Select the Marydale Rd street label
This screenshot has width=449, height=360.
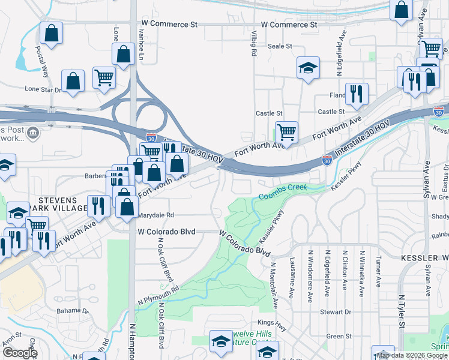tap(155, 215)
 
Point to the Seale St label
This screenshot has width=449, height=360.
tap(280, 46)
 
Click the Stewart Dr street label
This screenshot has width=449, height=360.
tap(335, 312)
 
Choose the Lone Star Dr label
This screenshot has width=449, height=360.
tap(43, 89)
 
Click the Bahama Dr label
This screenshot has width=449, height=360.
tap(73, 311)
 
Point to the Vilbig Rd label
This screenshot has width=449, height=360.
tap(254, 44)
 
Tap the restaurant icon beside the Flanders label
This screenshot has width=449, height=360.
tap(357, 93)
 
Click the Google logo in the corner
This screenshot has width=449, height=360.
tap(19, 353)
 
